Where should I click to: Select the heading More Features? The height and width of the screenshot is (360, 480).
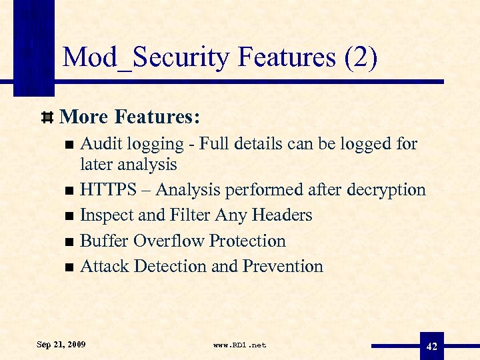click(x=129, y=117)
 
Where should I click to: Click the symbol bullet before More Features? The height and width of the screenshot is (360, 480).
click(x=47, y=118)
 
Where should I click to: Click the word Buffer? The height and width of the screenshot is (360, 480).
click(x=104, y=241)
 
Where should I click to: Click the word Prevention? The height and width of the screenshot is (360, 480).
click(x=283, y=266)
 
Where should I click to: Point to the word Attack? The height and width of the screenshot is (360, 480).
click(x=104, y=266)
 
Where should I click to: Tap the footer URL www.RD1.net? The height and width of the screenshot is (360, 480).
click(x=239, y=345)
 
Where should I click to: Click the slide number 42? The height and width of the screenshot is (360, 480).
click(x=431, y=346)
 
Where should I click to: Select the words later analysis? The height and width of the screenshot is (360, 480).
click(x=128, y=163)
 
